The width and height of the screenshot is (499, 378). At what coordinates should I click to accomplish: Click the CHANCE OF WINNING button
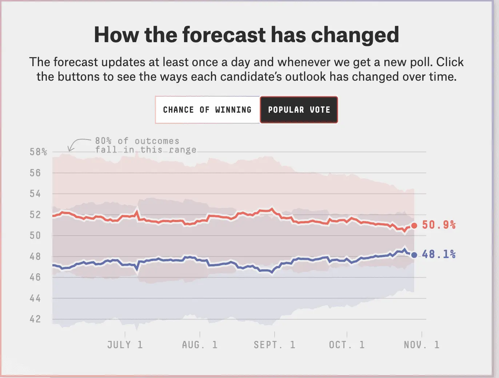207,110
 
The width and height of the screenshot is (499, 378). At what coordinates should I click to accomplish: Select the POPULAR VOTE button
299,110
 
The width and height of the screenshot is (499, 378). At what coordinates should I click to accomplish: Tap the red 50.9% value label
439,225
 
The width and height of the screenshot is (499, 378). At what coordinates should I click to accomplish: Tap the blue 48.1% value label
439,254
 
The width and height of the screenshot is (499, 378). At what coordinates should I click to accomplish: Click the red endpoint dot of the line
414,226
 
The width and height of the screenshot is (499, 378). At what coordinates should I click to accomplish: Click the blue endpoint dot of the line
414,255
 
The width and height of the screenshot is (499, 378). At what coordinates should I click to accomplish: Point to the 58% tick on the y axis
38,152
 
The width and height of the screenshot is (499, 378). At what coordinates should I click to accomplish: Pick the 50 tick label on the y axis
35,236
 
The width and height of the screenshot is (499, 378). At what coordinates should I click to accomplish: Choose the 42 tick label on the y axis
35,319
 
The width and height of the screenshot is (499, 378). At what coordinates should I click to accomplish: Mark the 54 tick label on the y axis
35,194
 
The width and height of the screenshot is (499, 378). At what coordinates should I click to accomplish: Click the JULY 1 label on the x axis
125,345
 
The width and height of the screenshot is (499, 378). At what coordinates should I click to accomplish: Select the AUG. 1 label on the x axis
200,345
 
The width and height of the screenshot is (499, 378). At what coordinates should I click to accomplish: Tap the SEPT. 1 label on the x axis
274,345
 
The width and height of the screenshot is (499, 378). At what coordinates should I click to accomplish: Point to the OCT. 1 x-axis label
347,345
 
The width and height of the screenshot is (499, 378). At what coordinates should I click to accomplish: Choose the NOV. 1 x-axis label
422,345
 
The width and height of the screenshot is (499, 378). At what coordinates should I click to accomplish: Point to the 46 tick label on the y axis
35,277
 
